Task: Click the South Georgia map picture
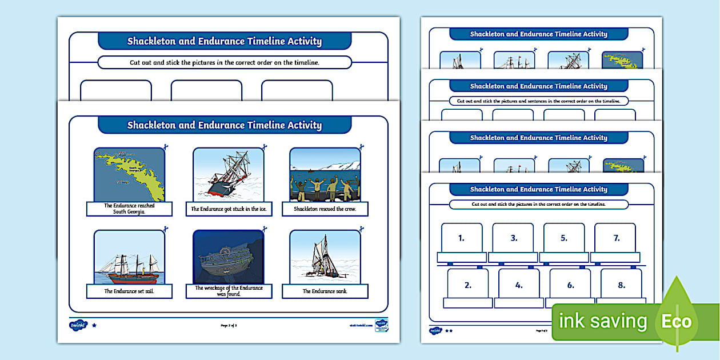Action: (x=129, y=174)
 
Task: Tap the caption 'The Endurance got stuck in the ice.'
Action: (x=229, y=209)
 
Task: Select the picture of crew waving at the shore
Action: (x=325, y=174)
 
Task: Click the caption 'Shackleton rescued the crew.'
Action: (x=325, y=209)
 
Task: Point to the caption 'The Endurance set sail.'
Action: (x=129, y=291)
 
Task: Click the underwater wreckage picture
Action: (x=229, y=257)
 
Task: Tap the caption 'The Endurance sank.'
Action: (x=325, y=291)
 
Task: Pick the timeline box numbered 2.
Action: (x=468, y=285)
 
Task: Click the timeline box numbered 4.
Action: (x=519, y=285)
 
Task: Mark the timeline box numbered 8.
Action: (x=621, y=285)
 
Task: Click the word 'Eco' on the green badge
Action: (x=677, y=321)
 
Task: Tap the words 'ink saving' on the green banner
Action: (x=602, y=322)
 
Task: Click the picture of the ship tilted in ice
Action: (x=229, y=174)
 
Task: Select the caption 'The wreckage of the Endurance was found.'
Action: (x=229, y=290)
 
